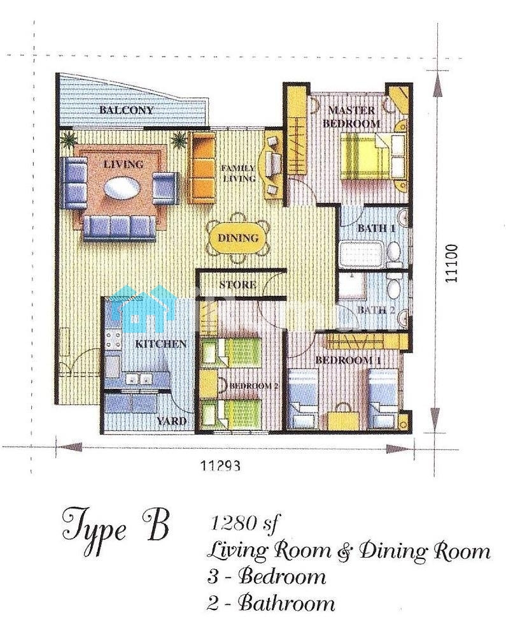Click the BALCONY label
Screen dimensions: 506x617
tap(126, 110)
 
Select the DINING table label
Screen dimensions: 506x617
tap(238, 238)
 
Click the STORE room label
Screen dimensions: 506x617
tap(237, 284)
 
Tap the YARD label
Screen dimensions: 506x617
tap(172, 421)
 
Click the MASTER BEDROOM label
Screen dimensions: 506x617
tap(351, 117)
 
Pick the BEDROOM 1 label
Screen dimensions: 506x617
tap(344, 359)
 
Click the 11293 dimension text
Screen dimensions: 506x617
tap(220, 466)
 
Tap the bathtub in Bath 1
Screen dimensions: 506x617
tap(362, 254)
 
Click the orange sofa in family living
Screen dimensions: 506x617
tap(202, 168)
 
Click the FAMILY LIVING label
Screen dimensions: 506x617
tap(239, 173)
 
